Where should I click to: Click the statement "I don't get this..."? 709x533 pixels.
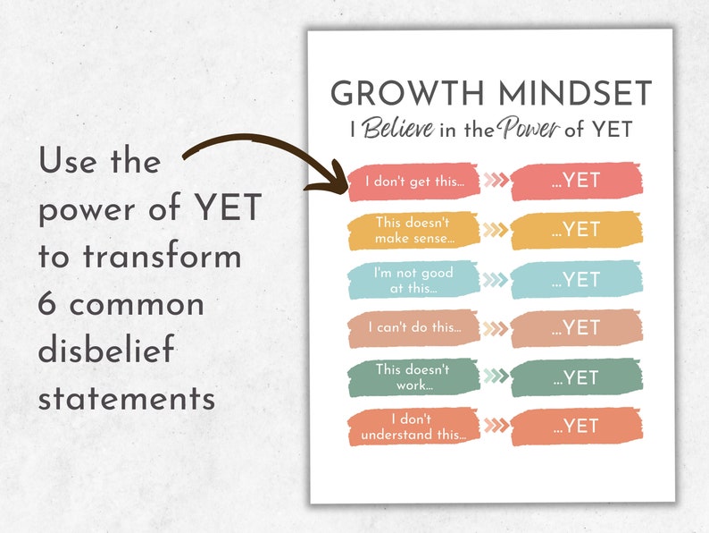[x=414, y=181]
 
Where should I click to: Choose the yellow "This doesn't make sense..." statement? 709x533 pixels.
[x=413, y=231]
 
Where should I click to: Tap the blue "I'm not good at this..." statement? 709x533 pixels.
[x=413, y=280]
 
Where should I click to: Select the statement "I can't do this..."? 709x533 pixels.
[x=413, y=327]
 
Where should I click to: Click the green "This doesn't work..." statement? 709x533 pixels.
[x=413, y=376]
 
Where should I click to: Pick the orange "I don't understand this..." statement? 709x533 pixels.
[x=413, y=426]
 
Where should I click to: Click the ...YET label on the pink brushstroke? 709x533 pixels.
[x=576, y=181]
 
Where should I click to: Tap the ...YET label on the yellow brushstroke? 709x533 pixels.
[x=576, y=230]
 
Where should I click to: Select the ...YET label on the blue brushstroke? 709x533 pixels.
[x=576, y=280]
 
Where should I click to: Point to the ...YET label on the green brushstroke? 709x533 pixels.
[x=576, y=376]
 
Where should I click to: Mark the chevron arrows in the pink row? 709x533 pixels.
[x=496, y=181]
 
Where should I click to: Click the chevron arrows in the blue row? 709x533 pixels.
[x=496, y=279]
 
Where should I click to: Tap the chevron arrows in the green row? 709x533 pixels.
[x=496, y=376]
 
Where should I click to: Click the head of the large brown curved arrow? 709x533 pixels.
[x=335, y=178]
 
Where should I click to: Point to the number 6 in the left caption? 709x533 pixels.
[x=48, y=303]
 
